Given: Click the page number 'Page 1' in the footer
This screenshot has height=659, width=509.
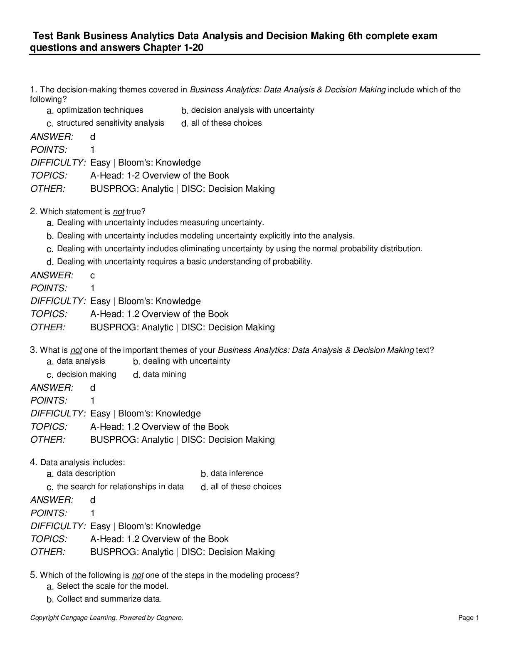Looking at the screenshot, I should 469,618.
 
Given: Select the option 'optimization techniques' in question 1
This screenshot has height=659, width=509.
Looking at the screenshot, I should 100,110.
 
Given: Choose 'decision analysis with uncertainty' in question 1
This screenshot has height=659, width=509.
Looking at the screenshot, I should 252,110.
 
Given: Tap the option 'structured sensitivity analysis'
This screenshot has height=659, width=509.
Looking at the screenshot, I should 110,123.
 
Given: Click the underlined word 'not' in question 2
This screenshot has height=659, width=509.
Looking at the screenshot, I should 119,212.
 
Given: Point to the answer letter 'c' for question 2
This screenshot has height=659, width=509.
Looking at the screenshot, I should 92,275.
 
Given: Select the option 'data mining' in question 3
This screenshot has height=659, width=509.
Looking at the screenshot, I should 164,374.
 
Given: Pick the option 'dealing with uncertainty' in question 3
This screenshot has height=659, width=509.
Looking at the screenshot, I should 186,361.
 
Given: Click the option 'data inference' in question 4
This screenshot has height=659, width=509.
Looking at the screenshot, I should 237,473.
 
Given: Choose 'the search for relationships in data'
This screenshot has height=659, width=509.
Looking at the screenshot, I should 120,487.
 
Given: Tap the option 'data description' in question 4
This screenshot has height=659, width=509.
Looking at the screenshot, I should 86,473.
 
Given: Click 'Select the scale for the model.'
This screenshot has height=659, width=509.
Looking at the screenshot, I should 112,586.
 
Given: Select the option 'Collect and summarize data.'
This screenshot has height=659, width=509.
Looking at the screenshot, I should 109,599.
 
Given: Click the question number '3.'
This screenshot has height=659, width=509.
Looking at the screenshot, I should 34,350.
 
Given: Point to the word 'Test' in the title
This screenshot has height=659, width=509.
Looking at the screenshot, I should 42,36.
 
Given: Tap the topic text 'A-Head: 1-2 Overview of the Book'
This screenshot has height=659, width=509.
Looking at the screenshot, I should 159,176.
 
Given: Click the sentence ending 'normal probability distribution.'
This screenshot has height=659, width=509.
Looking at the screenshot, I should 240,249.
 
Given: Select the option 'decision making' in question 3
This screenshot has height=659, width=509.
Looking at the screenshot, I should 86,374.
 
